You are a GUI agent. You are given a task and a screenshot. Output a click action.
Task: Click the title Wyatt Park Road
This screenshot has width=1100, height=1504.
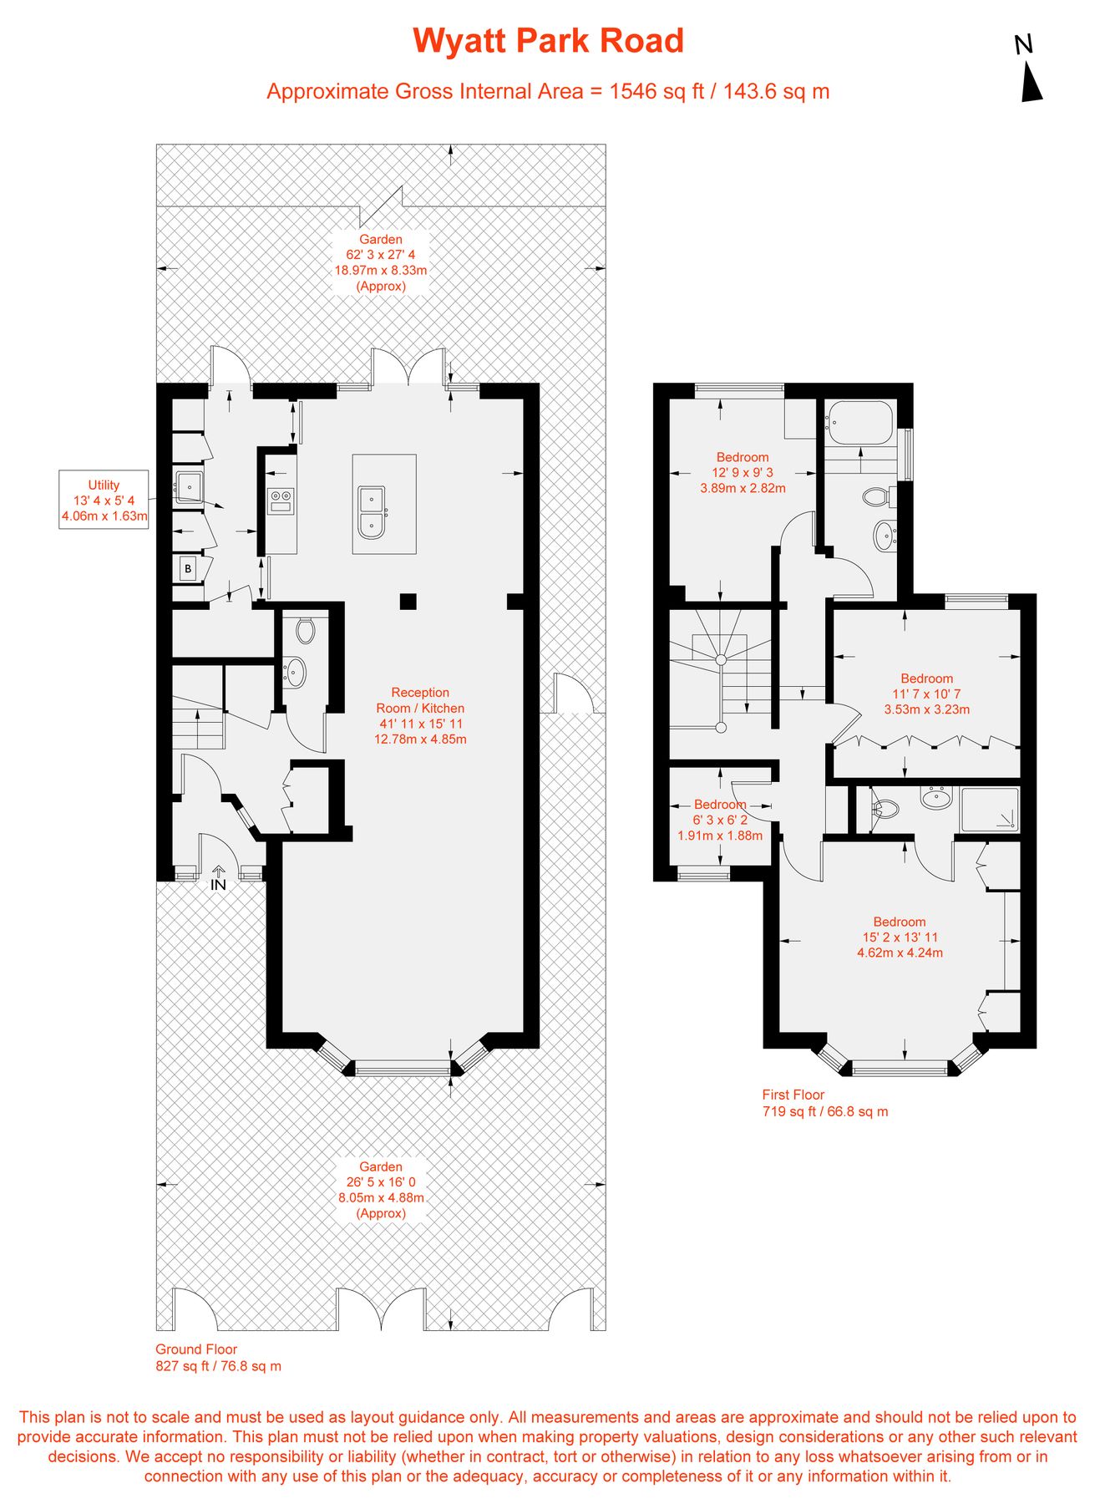(548, 41)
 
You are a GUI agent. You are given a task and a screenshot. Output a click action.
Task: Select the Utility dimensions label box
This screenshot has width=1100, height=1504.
(104, 500)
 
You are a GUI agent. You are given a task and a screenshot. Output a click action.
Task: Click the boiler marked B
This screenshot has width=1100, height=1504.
(188, 568)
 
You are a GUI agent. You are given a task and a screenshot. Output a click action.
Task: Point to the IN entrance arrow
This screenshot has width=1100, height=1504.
(218, 878)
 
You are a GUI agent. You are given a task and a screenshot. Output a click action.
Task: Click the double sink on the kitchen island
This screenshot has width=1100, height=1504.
(371, 512)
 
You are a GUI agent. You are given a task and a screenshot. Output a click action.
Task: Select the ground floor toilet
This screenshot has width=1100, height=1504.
(305, 630)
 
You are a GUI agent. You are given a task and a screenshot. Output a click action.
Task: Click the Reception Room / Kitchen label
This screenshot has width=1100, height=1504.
(420, 715)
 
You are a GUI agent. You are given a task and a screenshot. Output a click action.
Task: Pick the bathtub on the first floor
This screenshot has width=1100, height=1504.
(860, 423)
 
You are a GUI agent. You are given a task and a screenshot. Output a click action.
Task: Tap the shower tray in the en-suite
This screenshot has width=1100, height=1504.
(990, 809)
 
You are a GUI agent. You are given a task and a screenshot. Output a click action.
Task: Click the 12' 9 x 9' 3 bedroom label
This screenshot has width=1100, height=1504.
(743, 472)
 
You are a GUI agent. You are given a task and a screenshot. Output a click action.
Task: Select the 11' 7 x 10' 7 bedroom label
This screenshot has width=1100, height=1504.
(926, 694)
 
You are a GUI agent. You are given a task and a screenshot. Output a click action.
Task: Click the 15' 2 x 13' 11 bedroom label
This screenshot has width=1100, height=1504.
(900, 937)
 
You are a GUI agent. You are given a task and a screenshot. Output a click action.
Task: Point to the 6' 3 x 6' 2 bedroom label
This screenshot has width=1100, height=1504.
(719, 820)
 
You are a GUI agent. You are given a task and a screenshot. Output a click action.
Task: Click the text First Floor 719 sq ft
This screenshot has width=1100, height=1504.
(824, 1103)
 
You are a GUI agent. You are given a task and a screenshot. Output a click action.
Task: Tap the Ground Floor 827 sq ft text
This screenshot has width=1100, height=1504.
(218, 1358)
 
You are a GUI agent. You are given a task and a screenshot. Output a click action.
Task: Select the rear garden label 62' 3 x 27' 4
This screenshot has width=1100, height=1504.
(381, 262)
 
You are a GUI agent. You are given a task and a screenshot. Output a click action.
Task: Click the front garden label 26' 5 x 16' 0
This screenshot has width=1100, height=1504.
(381, 1190)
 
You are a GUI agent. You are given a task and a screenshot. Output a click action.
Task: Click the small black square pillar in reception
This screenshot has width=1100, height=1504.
(408, 601)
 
